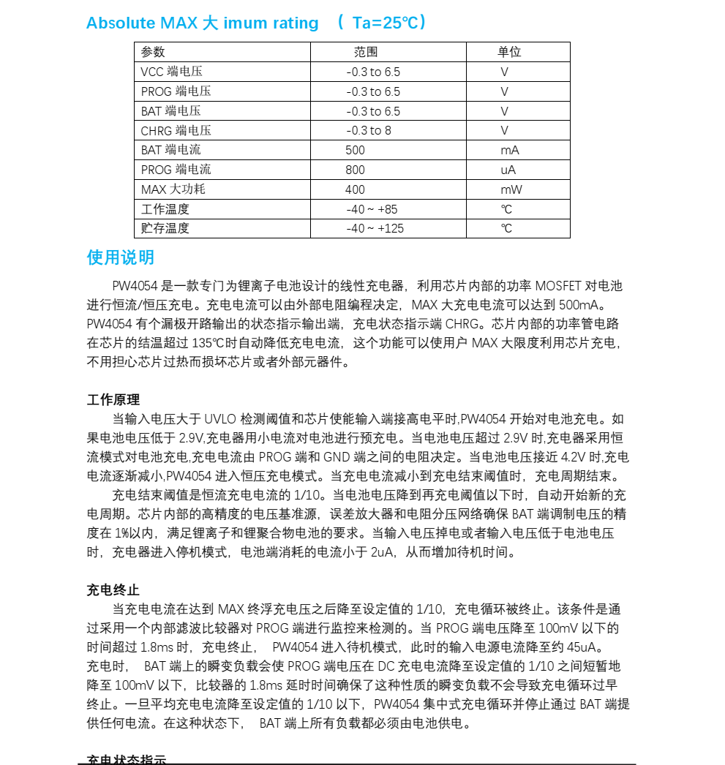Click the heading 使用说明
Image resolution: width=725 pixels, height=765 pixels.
pos(121,257)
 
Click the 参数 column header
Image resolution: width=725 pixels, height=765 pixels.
pos(153,52)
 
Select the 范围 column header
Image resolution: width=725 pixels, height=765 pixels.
pos(366,52)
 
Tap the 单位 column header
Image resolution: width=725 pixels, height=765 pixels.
pos(509,52)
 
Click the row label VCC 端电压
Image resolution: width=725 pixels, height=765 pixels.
pos(171,72)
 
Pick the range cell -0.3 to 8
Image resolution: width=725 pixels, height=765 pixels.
pos(369,130)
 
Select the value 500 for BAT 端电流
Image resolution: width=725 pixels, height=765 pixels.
pos(355,150)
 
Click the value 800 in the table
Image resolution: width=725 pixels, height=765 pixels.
pos(355,170)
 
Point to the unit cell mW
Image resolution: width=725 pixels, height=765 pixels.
pos(510,189)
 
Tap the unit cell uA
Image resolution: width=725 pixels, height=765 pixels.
pos(508,170)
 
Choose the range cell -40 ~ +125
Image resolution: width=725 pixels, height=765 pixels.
pos(375,228)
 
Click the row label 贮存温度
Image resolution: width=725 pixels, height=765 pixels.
pos(165,228)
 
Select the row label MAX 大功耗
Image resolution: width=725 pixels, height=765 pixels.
pos(173,189)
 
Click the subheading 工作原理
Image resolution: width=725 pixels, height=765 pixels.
pos(113,400)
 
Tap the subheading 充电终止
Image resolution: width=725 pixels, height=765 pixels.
pos(113,589)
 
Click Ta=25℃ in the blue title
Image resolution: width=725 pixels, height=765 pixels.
pos(385,23)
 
